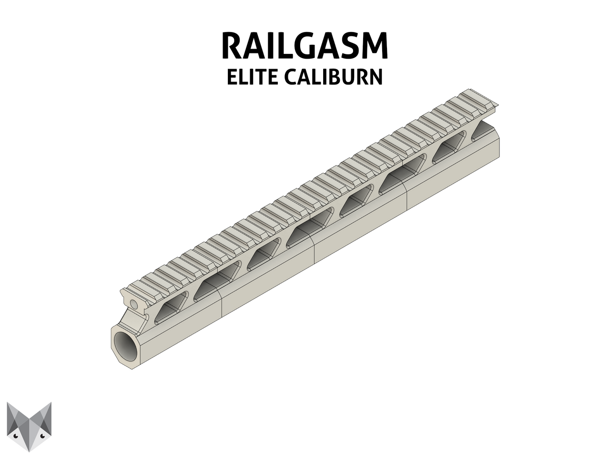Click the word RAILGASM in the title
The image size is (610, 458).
[x=305, y=46]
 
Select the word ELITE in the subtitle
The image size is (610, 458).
[x=252, y=77]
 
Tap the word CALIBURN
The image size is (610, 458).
[x=334, y=77]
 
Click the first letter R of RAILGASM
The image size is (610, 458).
[x=232, y=46]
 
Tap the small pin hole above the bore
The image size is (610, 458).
[x=134, y=304]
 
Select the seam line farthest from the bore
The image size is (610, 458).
[x=406, y=198]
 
